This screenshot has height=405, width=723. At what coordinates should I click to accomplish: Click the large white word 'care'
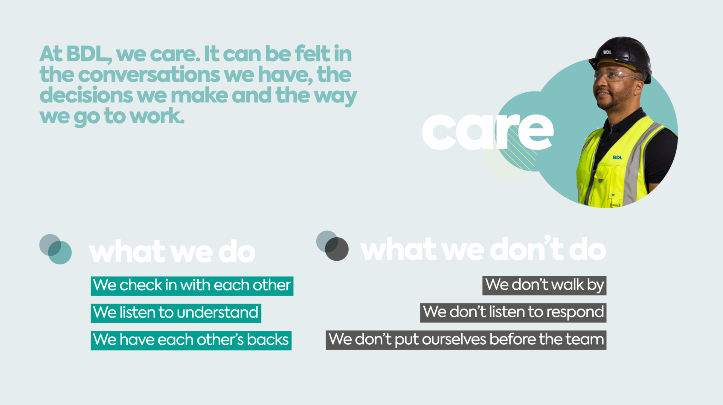(x=488, y=131)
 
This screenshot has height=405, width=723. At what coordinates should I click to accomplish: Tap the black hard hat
(x=621, y=57)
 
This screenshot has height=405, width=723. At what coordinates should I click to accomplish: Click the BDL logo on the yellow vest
(x=618, y=157)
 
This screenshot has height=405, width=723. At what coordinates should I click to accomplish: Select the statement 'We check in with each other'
(x=192, y=286)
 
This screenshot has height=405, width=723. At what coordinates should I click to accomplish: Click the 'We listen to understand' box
(x=176, y=313)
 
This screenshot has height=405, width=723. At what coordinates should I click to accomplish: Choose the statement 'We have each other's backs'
(x=191, y=340)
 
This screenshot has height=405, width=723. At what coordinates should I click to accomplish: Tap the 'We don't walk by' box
(x=544, y=285)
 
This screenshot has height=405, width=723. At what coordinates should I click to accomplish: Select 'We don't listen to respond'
(x=513, y=313)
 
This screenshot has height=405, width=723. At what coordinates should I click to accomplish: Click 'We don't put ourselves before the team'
(x=466, y=340)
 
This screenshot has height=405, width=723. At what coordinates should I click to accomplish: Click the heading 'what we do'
(x=172, y=252)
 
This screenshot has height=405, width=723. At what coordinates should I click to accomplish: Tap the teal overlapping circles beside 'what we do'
(x=55, y=249)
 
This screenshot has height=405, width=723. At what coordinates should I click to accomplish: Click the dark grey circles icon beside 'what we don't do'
(x=333, y=246)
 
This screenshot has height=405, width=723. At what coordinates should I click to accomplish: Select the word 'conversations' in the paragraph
(x=149, y=75)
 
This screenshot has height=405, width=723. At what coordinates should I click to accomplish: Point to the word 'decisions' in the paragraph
(x=86, y=95)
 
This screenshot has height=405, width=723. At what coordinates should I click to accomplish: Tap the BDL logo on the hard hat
(x=607, y=52)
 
